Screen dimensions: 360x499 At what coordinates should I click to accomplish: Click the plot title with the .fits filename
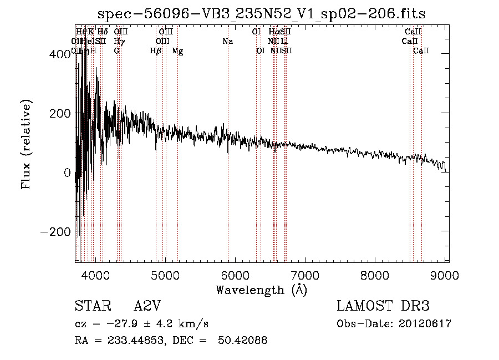pos(261,14)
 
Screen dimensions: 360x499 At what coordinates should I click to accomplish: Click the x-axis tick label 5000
pos(165,275)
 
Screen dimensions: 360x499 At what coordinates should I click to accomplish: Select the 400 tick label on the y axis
pos(60,54)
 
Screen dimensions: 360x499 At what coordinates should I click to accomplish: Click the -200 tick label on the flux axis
pos(56,231)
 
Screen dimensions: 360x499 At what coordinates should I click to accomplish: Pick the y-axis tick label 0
pos(67,173)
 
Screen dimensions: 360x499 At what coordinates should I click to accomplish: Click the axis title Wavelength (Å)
pos(261,290)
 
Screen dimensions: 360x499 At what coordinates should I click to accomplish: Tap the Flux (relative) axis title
pos(26,144)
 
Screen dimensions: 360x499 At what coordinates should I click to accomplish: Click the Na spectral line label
pos(227,41)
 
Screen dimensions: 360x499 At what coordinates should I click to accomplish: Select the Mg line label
pos(177,51)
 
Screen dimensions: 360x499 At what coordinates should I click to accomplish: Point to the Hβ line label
pos(156,51)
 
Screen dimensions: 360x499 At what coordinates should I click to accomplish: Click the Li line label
pos(284,41)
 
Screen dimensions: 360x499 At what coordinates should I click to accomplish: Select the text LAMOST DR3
pos(383,306)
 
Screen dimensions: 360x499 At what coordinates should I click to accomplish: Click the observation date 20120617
pos(424,324)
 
